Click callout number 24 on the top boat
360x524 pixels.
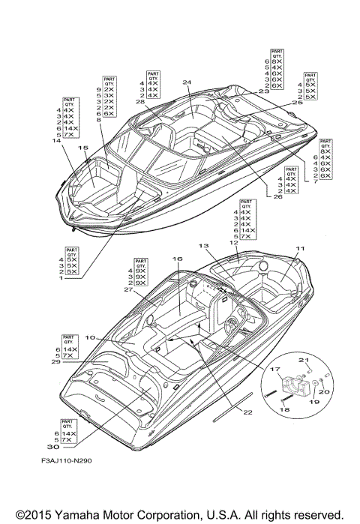coord(187,83)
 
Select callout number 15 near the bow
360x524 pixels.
coord(83,148)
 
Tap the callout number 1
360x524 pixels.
coord(61,278)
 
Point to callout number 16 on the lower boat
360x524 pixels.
coord(177,259)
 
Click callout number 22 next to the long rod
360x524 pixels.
coord(247,412)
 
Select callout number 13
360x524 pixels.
coord(203,246)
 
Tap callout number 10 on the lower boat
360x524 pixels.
coord(89,338)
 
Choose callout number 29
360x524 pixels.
coord(55,362)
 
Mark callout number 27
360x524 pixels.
coord(128,289)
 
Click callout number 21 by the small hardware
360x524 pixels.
coord(305,361)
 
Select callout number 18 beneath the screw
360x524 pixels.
coord(284,410)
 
